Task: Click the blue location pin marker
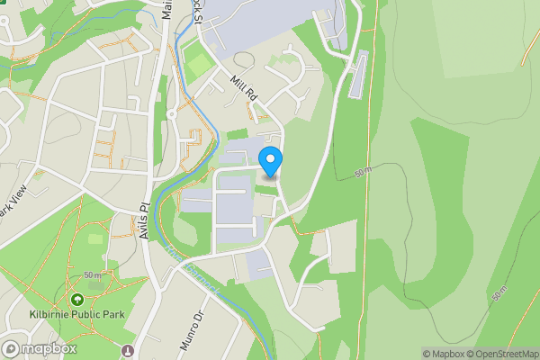(x=270, y=161)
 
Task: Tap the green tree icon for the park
(x=77, y=298)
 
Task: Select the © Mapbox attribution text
(x=443, y=354)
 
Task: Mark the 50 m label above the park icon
(x=94, y=274)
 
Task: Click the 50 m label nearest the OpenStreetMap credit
(x=500, y=293)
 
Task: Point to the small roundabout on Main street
(x=172, y=113)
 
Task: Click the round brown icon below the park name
(x=128, y=349)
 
